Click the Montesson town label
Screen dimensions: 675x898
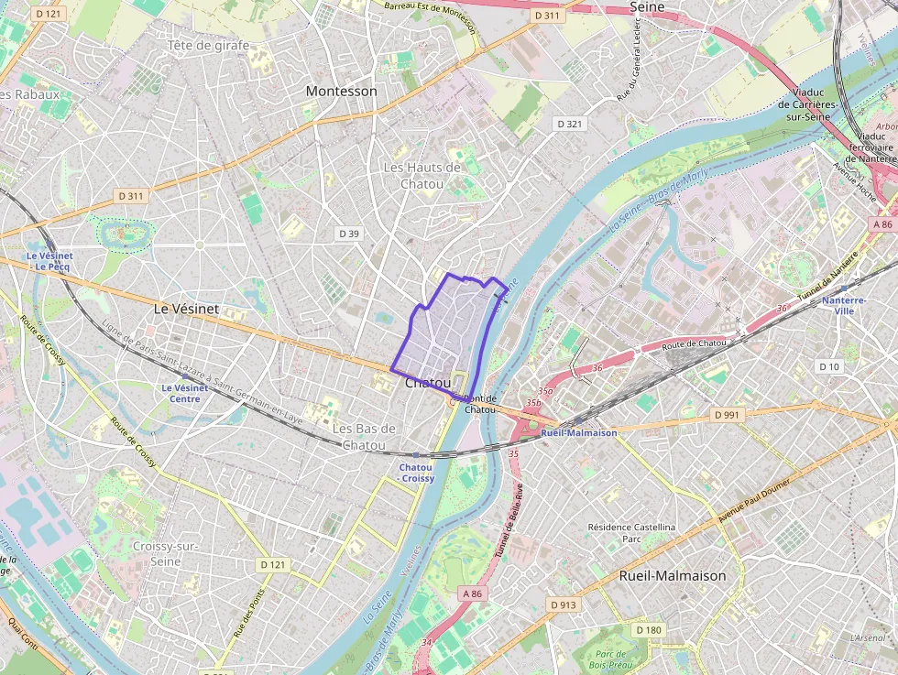341,91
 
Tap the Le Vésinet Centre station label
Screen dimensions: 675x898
181,393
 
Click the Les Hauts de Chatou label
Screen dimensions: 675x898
422,176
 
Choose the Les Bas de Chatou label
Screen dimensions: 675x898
364,437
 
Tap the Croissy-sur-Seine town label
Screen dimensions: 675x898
165,553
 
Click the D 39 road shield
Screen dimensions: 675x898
349,234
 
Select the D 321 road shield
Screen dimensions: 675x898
569,124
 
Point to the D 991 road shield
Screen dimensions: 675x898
726,415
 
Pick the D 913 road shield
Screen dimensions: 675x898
564,604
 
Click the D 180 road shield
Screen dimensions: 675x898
648,629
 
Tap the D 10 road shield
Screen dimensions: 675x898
828,366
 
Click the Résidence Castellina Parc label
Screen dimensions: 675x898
631,533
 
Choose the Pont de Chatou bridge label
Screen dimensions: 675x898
479,404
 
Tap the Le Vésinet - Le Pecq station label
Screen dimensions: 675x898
43,261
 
